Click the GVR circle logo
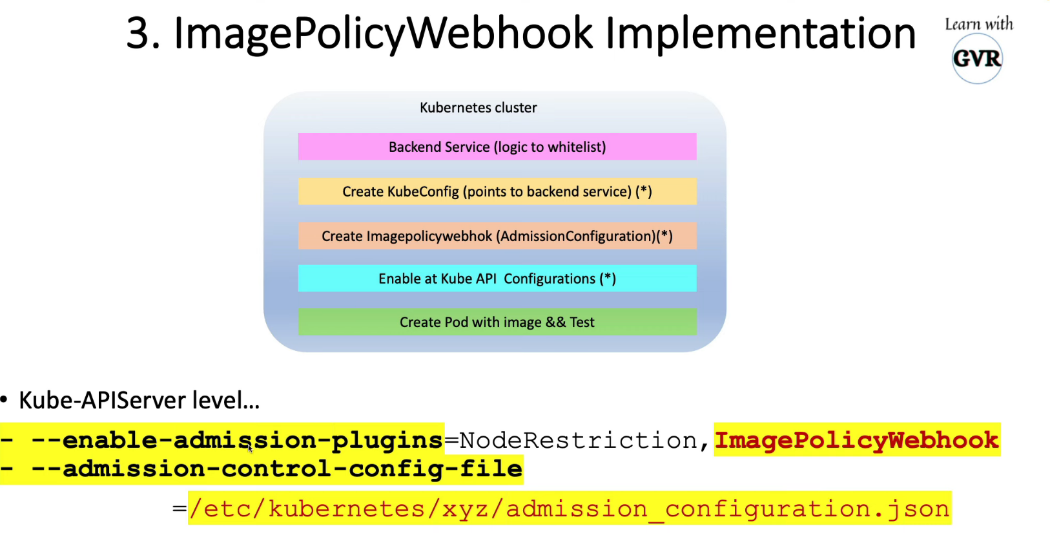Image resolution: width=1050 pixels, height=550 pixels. click(977, 59)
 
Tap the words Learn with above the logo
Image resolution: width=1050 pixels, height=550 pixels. click(979, 25)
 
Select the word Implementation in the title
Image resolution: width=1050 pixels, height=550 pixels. click(760, 34)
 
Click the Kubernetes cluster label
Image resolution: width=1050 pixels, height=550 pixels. click(478, 108)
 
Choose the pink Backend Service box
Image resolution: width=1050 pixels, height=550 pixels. click(497, 147)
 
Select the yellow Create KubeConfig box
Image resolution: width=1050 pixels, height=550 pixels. click(497, 191)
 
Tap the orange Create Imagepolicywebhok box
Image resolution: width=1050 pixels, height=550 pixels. click(497, 236)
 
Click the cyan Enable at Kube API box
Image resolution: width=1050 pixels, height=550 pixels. click(497, 279)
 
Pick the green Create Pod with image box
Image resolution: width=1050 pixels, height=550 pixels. click(497, 322)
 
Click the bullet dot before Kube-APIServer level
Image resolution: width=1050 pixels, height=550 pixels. click(5, 401)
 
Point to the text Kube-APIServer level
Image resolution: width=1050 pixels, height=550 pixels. click(139, 401)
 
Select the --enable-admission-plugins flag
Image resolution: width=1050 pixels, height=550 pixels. click(237, 440)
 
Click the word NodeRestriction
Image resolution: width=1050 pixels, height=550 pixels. click(579, 440)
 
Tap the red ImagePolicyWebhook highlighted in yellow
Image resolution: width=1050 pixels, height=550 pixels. click(856, 440)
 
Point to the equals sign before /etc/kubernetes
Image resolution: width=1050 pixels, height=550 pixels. click(180, 509)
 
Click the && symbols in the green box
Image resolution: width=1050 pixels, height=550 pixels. click(555, 322)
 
